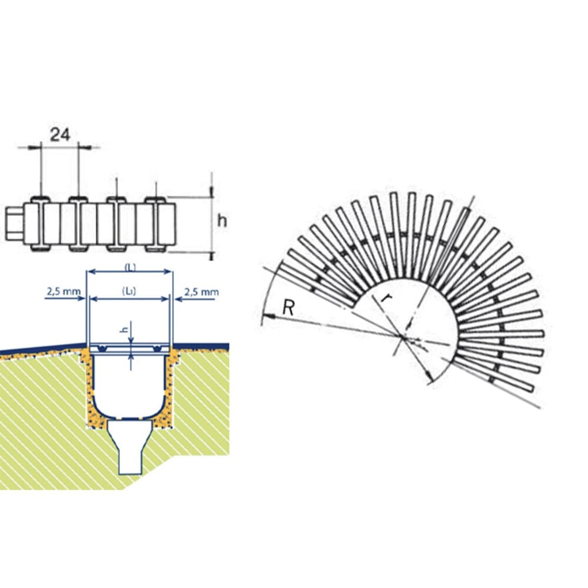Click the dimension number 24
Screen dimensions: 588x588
tap(61, 135)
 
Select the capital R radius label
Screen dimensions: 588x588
tap(288, 308)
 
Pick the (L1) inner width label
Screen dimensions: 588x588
tap(129, 291)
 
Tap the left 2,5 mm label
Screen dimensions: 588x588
tap(64, 291)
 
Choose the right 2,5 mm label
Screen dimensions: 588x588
tap(201, 292)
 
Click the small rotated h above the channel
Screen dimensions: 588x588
tap(126, 330)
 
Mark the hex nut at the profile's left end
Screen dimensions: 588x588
tap(14, 224)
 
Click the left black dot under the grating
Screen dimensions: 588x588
tap(102, 349)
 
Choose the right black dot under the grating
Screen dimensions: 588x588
tap(158, 349)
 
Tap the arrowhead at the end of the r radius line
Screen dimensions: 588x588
tap(430, 378)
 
